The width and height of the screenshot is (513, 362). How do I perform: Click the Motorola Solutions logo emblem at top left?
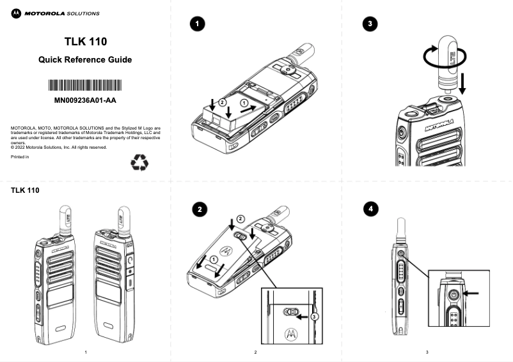(16, 13)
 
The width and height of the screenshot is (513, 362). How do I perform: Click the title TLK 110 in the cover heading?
(85, 41)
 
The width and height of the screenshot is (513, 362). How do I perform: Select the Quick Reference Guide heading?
(85, 60)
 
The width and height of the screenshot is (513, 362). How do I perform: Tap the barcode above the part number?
(85, 86)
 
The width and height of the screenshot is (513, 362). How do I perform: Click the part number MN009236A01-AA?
(85, 100)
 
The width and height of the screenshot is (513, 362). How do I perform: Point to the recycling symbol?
(139, 163)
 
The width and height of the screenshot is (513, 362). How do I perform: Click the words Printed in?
(20, 157)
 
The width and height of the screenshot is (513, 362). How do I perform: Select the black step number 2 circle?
(200, 209)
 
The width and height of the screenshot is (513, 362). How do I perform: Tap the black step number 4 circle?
(370, 209)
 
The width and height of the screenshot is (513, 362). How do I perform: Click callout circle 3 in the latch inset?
(314, 316)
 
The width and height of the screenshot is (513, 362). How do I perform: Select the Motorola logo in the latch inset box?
(291, 333)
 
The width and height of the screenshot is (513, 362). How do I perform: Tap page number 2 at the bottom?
(255, 352)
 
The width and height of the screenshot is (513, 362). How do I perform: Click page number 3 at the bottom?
(427, 352)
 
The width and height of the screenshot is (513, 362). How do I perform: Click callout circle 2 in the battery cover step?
(240, 218)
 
